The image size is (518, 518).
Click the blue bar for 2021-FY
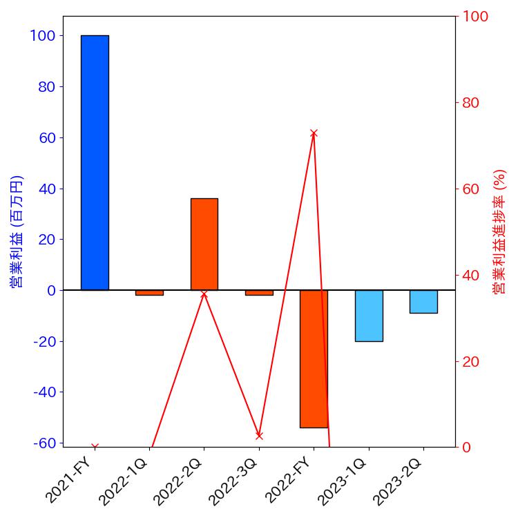tap(95, 162)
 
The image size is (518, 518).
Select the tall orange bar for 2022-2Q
tap(204, 244)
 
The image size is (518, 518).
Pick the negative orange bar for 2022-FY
tap(314, 358)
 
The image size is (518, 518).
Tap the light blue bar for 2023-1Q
tap(368, 316)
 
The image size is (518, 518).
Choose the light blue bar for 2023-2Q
tap(423, 301)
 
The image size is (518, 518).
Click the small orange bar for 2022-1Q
tap(149, 293)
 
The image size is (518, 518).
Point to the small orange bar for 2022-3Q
tap(259, 293)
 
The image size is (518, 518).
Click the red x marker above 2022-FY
tap(314, 133)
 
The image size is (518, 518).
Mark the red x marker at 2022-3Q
tap(259, 436)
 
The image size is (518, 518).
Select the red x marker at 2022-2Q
tap(204, 294)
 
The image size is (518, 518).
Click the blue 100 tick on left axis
tap(44, 35)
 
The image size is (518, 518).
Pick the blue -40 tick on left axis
tap(43, 392)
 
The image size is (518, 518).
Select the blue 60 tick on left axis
tap(46, 137)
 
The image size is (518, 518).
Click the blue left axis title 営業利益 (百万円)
tap(17, 231)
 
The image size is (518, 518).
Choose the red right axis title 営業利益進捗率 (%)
tap(500, 231)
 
